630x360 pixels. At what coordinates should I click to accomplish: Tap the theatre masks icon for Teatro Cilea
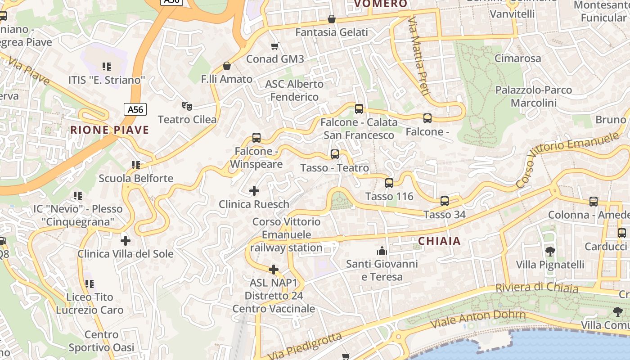click(187, 106)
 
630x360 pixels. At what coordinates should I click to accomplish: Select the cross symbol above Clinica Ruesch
click(254, 191)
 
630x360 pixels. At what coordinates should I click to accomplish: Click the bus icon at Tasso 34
click(445, 201)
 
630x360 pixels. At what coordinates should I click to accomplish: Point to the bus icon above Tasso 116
click(389, 183)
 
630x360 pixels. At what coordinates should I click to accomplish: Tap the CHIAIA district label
click(439, 241)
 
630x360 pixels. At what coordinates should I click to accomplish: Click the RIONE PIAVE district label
click(109, 130)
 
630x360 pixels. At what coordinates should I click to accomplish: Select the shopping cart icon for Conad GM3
click(275, 46)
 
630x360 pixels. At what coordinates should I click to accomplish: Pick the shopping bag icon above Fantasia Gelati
click(332, 19)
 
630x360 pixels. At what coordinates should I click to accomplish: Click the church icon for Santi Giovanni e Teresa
click(382, 250)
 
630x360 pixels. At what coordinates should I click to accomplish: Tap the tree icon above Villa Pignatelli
click(550, 251)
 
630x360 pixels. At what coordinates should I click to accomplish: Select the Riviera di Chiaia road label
click(536, 288)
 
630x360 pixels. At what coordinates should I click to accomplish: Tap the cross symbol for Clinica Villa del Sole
click(126, 240)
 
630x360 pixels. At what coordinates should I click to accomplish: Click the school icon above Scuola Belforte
click(136, 165)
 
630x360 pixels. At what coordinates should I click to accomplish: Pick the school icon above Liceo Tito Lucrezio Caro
click(90, 284)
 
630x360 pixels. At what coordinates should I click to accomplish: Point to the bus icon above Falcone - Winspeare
click(256, 138)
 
